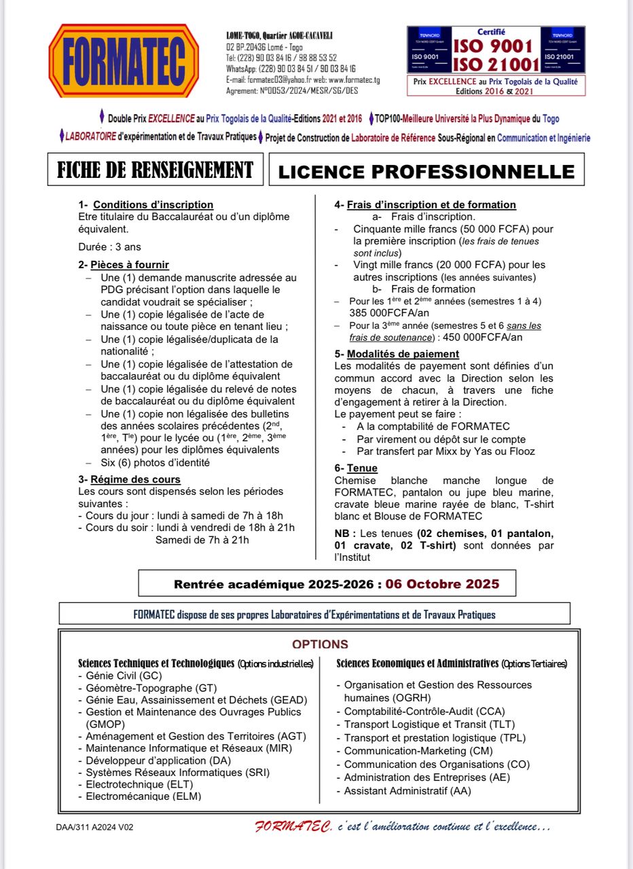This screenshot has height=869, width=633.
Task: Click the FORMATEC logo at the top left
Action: pyautogui.click(x=124, y=60)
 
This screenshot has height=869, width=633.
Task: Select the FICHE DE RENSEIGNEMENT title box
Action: pyautogui.click(x=155, y=169)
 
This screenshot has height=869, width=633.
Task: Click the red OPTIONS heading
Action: pyautogui.click(x=320, y=644)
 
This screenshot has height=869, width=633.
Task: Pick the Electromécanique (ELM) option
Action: pyautogui.click(x=143, y=796)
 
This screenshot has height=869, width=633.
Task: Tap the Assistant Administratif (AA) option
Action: pyautogui.click(x=407, y=790)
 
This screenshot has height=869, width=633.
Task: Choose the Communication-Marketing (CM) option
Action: pyautogui.click(x=418, y=751)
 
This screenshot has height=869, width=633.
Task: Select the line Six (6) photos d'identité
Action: pyautogui.click(x=155, y=463)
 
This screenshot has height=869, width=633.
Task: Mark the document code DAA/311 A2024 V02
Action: pyautogui.click(x=99, y=828)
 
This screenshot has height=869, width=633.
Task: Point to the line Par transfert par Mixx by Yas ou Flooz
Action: pyautogui.click(x=446, y=451)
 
